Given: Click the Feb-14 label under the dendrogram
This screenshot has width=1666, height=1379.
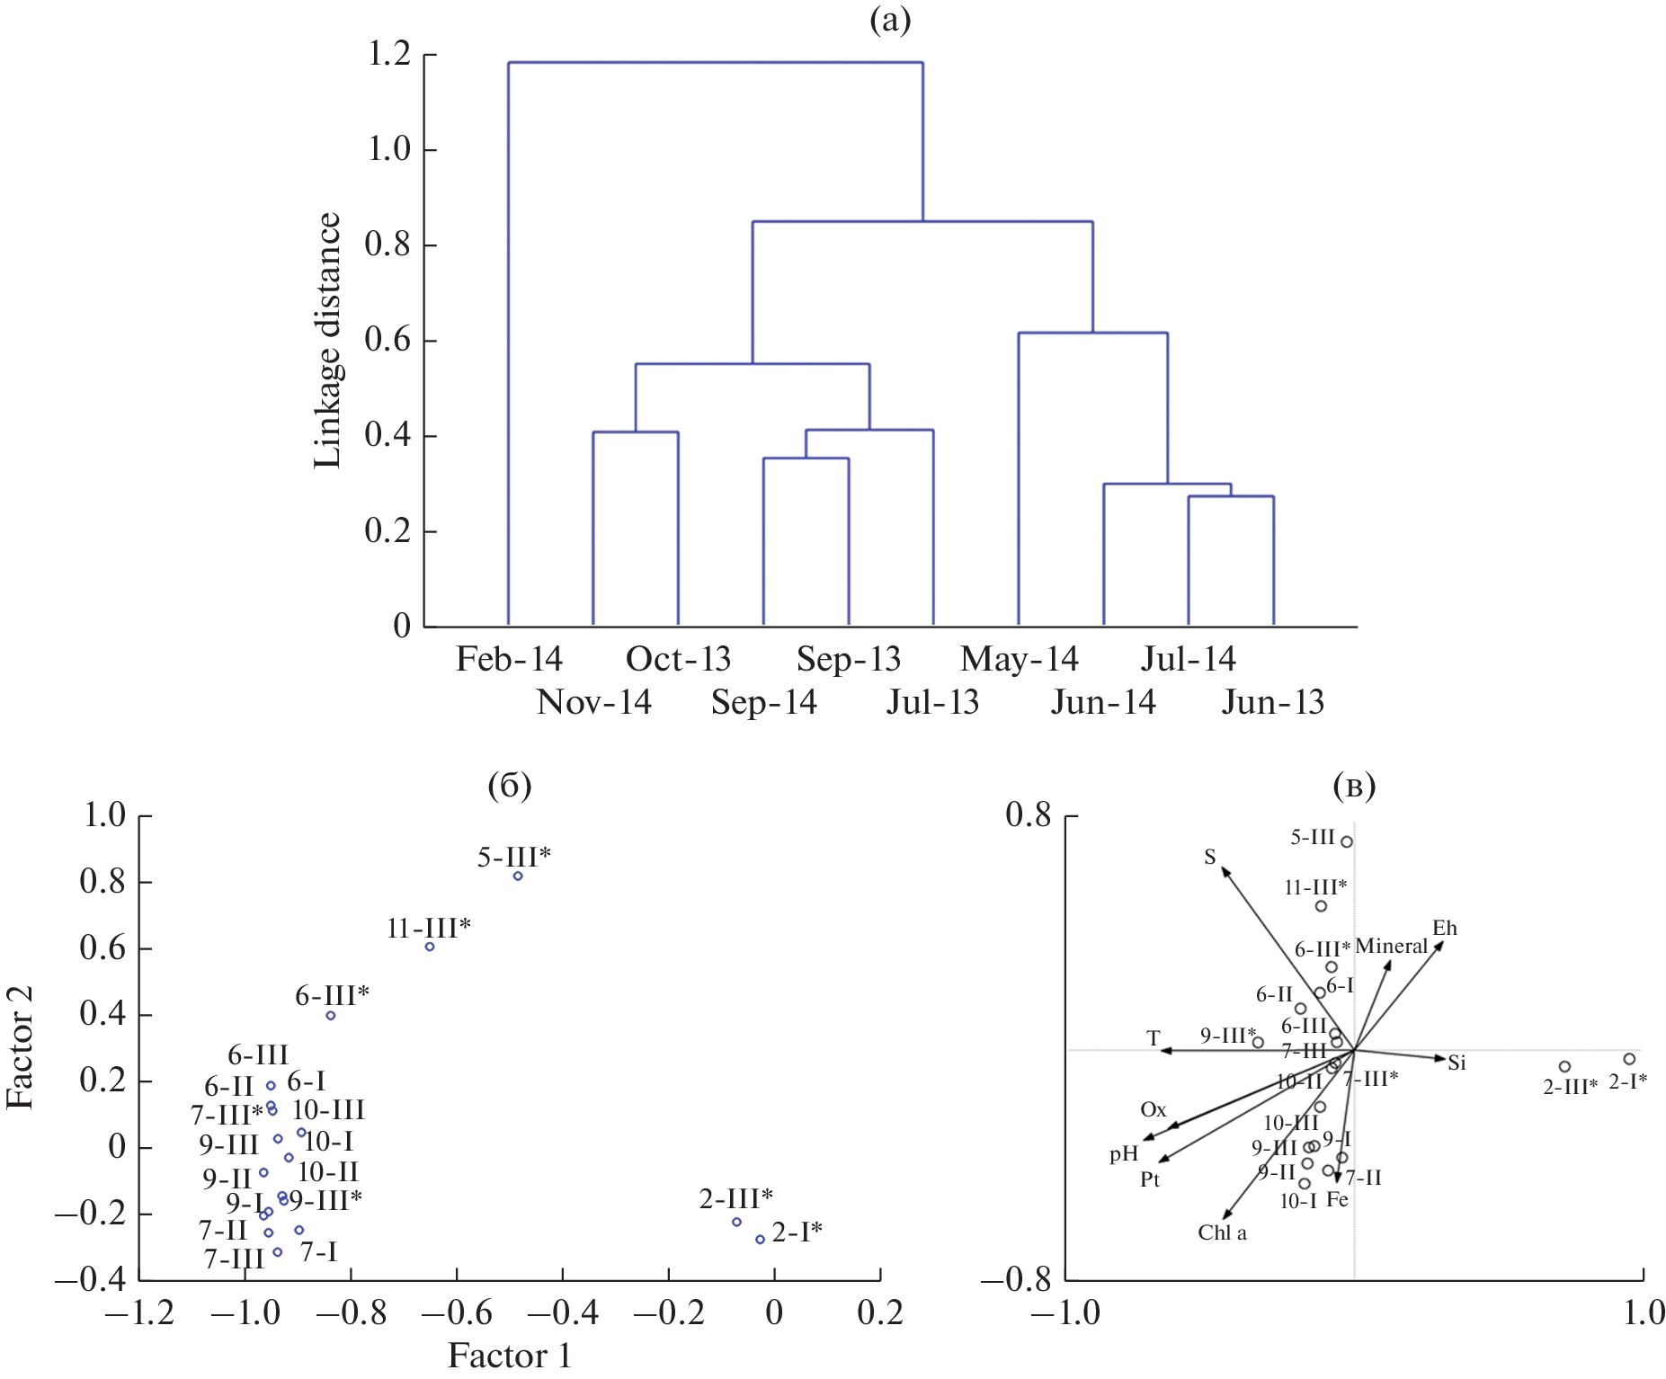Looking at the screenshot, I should point(509,659).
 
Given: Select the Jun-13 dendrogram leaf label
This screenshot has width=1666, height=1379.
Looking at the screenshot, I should point(1272,702).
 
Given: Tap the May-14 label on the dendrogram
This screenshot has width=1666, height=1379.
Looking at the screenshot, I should point(1019,659).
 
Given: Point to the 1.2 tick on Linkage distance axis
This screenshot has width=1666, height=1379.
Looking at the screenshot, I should point(389,55).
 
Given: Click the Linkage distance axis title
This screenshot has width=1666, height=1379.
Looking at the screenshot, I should point(327,341).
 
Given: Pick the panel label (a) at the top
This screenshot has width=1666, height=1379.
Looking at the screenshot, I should point(890,19).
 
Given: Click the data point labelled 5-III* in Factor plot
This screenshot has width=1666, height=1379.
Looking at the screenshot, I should point(518,876).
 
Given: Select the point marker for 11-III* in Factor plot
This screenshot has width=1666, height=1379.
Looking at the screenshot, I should point(430,947).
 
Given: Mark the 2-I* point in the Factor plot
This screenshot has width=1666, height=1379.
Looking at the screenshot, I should point(760,1240).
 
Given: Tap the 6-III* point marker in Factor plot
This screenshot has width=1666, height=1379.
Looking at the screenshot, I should point(331,1016).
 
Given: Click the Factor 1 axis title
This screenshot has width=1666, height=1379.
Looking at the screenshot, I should point(509,1356).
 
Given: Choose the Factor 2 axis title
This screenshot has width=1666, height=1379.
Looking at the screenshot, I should point(20,1047).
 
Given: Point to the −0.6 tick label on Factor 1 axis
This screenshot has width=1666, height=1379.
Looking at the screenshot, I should point(457,1313).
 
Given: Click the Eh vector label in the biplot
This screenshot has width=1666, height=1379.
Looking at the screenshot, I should point(1444,928).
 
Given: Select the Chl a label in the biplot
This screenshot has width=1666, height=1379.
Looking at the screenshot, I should point(1222,1232).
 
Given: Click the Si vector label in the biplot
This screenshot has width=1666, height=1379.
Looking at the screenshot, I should point(1457,1063).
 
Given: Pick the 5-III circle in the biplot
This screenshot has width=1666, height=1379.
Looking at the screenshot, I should point(1347,842).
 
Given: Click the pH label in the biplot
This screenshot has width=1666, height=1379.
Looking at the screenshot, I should point(1124,1153).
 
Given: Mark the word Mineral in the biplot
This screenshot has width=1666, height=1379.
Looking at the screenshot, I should point(1391,946).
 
